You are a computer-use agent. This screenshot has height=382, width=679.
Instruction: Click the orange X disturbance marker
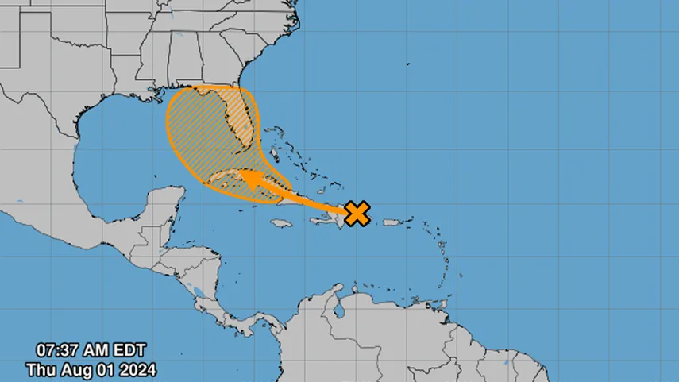point(358,213)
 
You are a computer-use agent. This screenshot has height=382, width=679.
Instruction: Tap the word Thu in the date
point(41,369)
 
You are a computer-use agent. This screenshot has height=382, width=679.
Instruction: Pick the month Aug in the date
point(73,369)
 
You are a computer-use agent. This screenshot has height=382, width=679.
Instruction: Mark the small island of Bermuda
point(407,64)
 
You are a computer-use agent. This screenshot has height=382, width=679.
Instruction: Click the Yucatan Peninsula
point(163,206)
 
